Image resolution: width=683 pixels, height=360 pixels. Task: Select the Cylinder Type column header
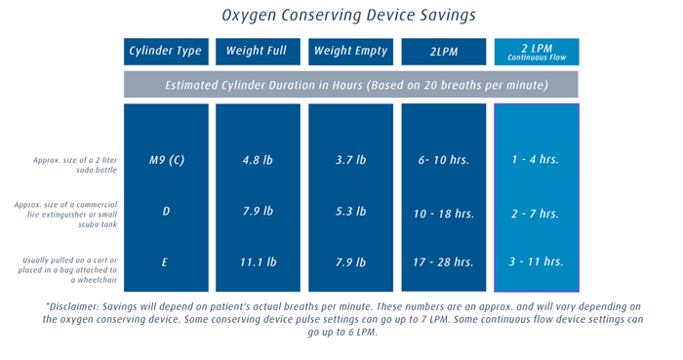pos(166,51)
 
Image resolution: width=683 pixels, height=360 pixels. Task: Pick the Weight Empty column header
pos(350,51)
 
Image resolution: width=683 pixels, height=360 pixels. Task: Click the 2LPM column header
pos(444,51)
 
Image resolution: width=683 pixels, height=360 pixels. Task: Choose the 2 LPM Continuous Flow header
pos(537,52)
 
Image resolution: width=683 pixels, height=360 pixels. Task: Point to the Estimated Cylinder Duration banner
pos(351,85)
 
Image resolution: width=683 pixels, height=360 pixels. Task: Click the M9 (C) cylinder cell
pos(166,160)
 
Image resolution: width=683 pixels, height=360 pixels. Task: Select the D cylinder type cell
pos(166,213)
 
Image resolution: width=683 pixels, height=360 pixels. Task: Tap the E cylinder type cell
pos(166,262)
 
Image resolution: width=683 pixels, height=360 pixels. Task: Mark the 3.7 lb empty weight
pos(350,160)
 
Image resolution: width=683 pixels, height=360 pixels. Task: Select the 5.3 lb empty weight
pos(350,213)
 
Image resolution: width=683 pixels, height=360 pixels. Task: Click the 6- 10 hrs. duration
pos(444,160)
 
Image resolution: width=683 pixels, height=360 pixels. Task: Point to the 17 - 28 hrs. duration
pos(444,262)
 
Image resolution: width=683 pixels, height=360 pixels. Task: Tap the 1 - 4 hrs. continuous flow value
pos(537,160)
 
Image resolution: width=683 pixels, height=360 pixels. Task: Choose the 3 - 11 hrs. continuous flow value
pos(537,262)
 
